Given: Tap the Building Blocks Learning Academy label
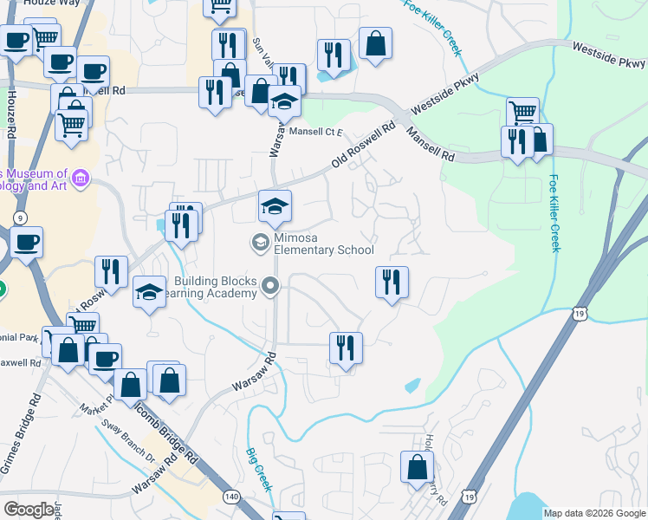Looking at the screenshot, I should coord(216,287).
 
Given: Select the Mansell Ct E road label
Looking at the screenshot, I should coord(316,132).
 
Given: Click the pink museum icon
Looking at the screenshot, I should coord(81,179).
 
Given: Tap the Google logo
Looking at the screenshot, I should coord(29,510).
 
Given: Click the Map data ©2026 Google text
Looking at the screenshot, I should coord(593,513).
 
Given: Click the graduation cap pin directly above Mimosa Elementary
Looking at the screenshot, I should coord(275,206).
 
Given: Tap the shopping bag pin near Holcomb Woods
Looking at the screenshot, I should coord(417,467).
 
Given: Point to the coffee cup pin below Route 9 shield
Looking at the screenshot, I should coord(26,243).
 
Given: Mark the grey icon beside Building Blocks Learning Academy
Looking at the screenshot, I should coord(271,284).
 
